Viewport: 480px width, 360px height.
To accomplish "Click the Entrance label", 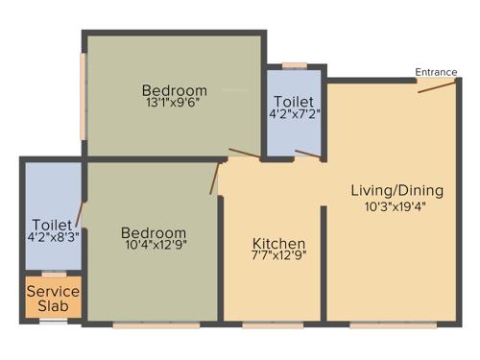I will click(x=435, y=72).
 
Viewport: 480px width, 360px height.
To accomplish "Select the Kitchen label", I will click(x=278, y=243).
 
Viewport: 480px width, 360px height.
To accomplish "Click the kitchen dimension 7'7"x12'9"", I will click(x=278, y=256).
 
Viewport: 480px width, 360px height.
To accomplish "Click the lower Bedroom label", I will click(x=154, y=232).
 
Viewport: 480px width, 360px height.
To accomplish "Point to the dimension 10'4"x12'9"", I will click(x=154, y=246).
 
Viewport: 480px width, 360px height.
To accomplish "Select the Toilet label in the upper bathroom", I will click(x=293, y=101).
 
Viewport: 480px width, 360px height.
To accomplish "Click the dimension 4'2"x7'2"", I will click(x=293, y=115).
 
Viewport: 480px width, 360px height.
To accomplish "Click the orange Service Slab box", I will click(x=54, y=298).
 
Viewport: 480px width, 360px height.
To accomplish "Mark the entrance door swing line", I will click(x=437, y=88).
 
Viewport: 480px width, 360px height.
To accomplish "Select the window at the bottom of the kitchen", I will click(x=273, y=324).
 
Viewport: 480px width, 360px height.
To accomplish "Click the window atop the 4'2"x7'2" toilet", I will click(x=295, y=66).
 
